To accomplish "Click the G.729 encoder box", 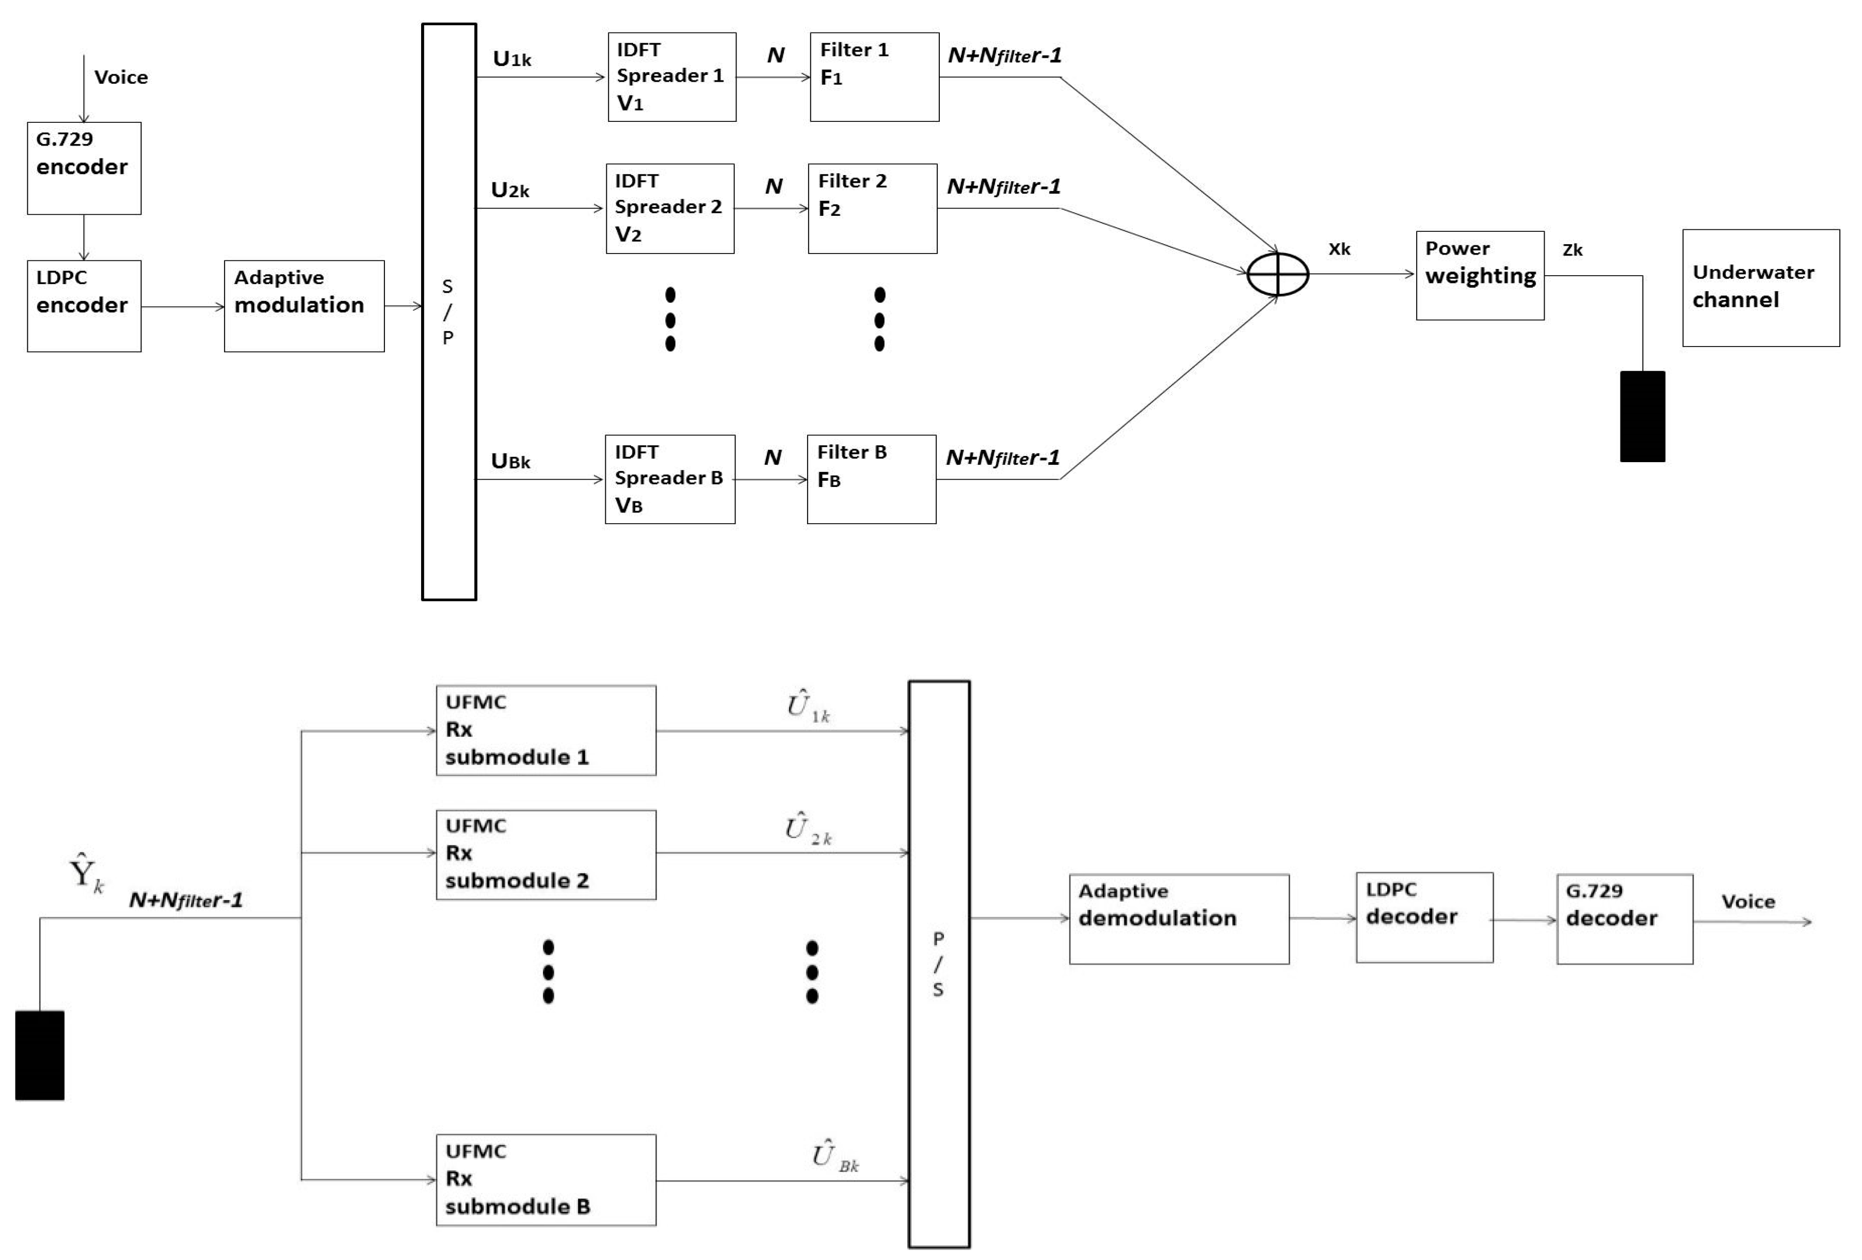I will pyautogui.click(x=84, y=168).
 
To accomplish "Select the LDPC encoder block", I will pyautogui.click(x=84, y=306).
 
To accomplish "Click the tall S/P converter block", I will pyautogui.click(x=448, y=312).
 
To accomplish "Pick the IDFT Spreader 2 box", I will pyautogui.click(x=670, y=209).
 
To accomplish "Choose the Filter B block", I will pyautogui.click(x=872, y=479).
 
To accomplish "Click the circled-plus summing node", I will pyautogui.click(x=1278, y=275).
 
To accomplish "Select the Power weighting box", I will pyautogui.click(x=1480, y=276).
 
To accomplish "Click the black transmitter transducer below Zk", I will pyautogui.click(x=1643, y=417).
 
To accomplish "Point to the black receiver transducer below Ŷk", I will pyautogui.click(x=40, y=1055).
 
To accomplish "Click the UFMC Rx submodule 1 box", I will pyautogui.click(x=545, y=730).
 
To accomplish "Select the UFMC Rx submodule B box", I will pyautogui.click(x=545, y=1179).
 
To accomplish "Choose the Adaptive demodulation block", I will pyautogui.click(x=1179, y=919).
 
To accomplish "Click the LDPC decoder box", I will pyautogui.click(x=1424, y=917).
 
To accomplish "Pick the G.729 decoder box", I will pyautogui.click(x=1624, y=919).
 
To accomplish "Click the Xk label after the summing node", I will pyautogui.click(x=1339, y=249).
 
